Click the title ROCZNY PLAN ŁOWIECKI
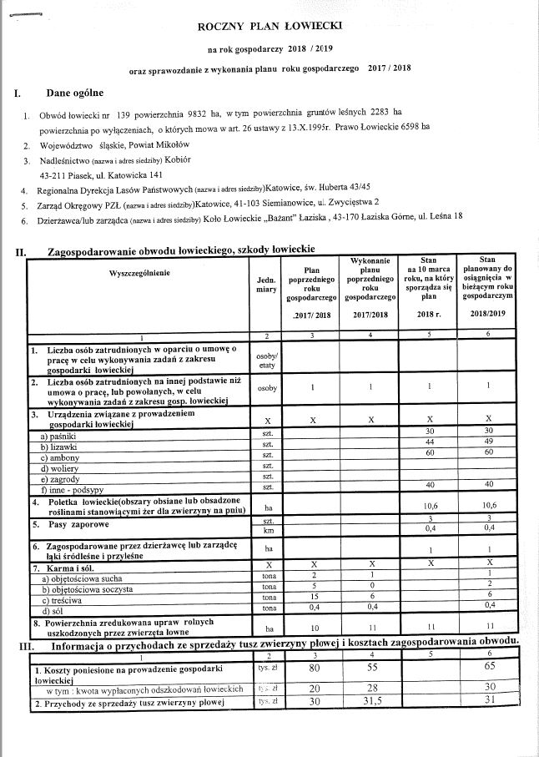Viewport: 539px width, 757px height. pos(269,28)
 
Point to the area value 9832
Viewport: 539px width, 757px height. pos(186,111)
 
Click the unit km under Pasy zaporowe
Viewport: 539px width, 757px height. pos(268,530)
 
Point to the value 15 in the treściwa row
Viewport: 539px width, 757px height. pos(312,597)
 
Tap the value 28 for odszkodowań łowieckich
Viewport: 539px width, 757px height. pos(370,687)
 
